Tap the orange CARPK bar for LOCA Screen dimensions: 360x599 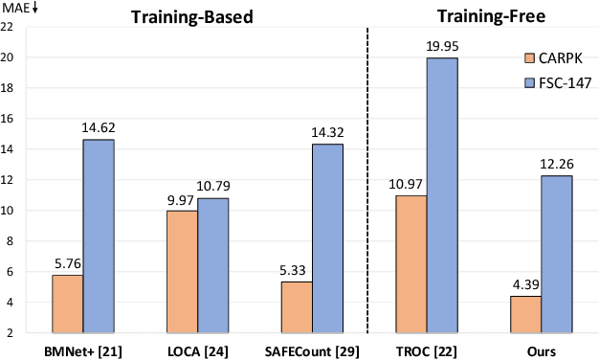(182, 272)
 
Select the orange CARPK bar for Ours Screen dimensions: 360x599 (526, 315)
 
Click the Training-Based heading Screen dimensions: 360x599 (196, 15)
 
